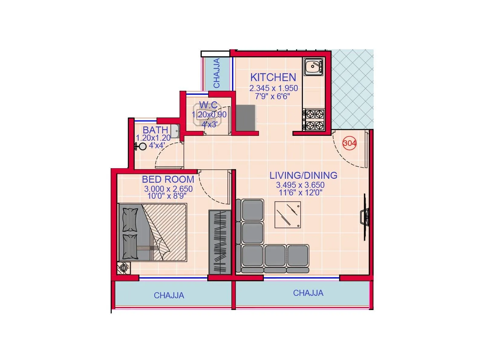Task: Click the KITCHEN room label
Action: (273, 77)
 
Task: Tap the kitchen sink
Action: (314, 67)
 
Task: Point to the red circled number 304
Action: (349, 143)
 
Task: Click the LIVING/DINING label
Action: (303, 175)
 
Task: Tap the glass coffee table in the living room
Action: (287, 214)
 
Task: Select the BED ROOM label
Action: (168, 179)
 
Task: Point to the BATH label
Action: (155, 130)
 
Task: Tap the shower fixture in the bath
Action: (141, 147)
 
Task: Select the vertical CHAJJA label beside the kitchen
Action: (217, 73)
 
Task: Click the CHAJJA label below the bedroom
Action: (169, 296)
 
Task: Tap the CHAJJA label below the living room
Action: (308, 293)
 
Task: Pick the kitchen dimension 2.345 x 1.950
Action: (273, 88)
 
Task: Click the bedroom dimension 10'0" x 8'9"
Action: (167, 196)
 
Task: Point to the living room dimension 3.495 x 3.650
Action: (300, 185)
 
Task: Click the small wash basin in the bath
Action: (175, 131)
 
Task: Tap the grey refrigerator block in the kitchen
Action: (245, 118)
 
